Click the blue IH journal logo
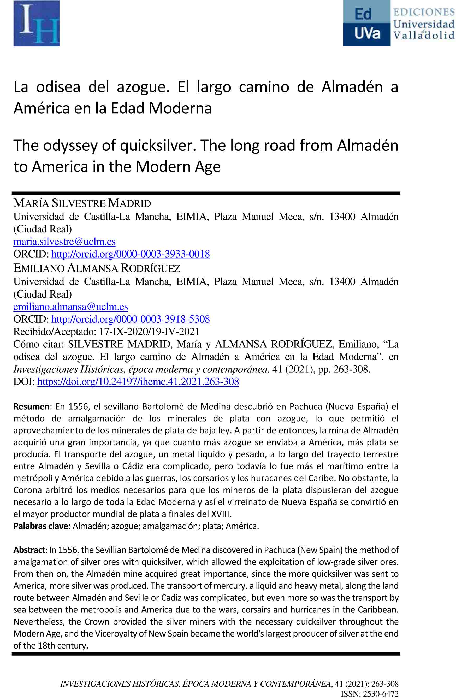(37, 23)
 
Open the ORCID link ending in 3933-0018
(130, 254)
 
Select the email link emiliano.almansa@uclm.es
(70, 306)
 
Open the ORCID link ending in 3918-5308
(130, 319)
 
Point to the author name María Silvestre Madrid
(82, 203)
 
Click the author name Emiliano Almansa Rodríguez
(97, 268)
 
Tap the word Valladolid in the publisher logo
(424, 36)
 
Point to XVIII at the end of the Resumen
(221, 514)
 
